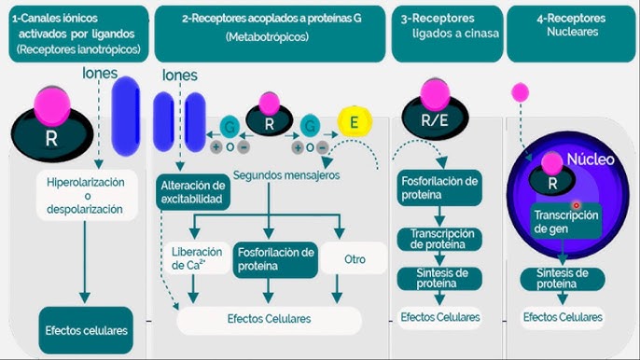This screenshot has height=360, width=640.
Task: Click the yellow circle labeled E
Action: tap(354, 123)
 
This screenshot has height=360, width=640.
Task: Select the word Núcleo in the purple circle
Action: tap(590, 159)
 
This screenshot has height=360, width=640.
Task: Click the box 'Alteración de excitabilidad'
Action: tap(193, 191)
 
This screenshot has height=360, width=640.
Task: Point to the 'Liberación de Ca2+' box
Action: tap(196, 258)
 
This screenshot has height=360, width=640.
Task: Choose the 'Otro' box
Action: tap(354, 258)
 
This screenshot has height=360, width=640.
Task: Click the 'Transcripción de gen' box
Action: tap(566, 221)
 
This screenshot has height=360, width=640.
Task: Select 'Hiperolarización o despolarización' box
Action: tap(84, 196)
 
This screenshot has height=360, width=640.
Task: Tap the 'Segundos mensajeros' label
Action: tap(286, 174)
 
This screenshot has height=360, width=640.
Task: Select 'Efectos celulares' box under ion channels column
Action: tap(84, 329)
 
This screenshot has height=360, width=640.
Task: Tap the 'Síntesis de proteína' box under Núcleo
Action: tap(563, 278)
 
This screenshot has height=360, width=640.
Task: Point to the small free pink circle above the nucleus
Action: tap(520, 91)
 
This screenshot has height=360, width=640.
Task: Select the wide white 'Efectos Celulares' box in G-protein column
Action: tap(269, 319)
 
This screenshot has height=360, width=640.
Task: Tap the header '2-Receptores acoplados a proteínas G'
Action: tap(271, 26)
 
